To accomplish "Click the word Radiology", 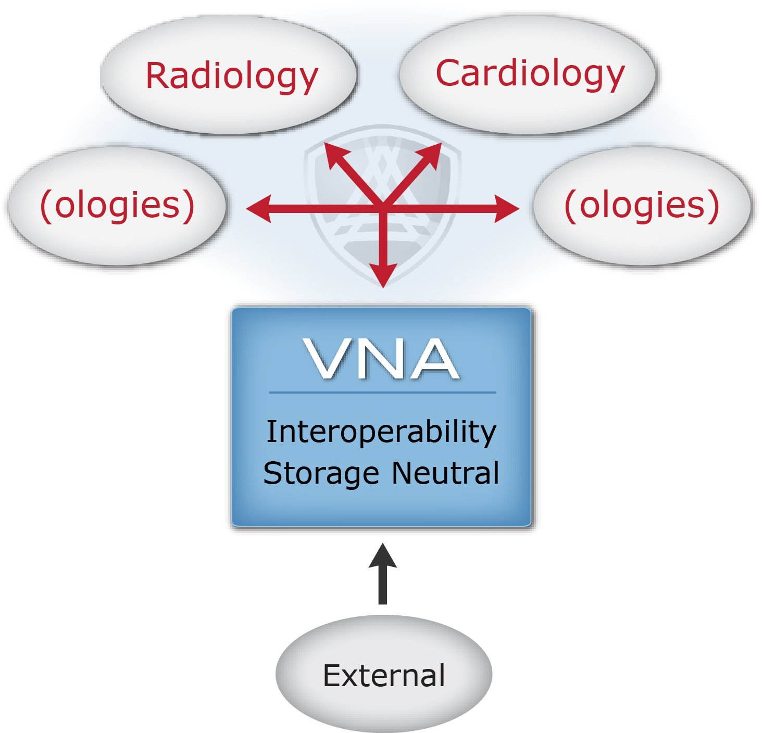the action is (x=232, y=77).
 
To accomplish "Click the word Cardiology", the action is (x=530, y=74).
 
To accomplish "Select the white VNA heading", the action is (x=381, y=359).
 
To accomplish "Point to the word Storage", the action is (x=321, y=474).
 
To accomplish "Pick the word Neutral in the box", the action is (x=446, y=472).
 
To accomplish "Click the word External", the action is (x=384, y=675).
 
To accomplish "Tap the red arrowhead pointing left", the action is (x=259, y=208).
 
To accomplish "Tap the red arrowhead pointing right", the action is (x=506, y=208).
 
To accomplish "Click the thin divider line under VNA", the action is (x=383, y=392).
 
